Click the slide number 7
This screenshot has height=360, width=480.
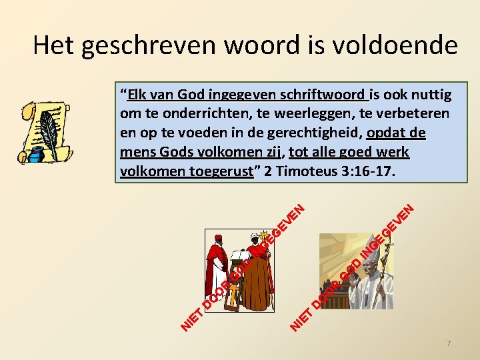click(x=449, y=343)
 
